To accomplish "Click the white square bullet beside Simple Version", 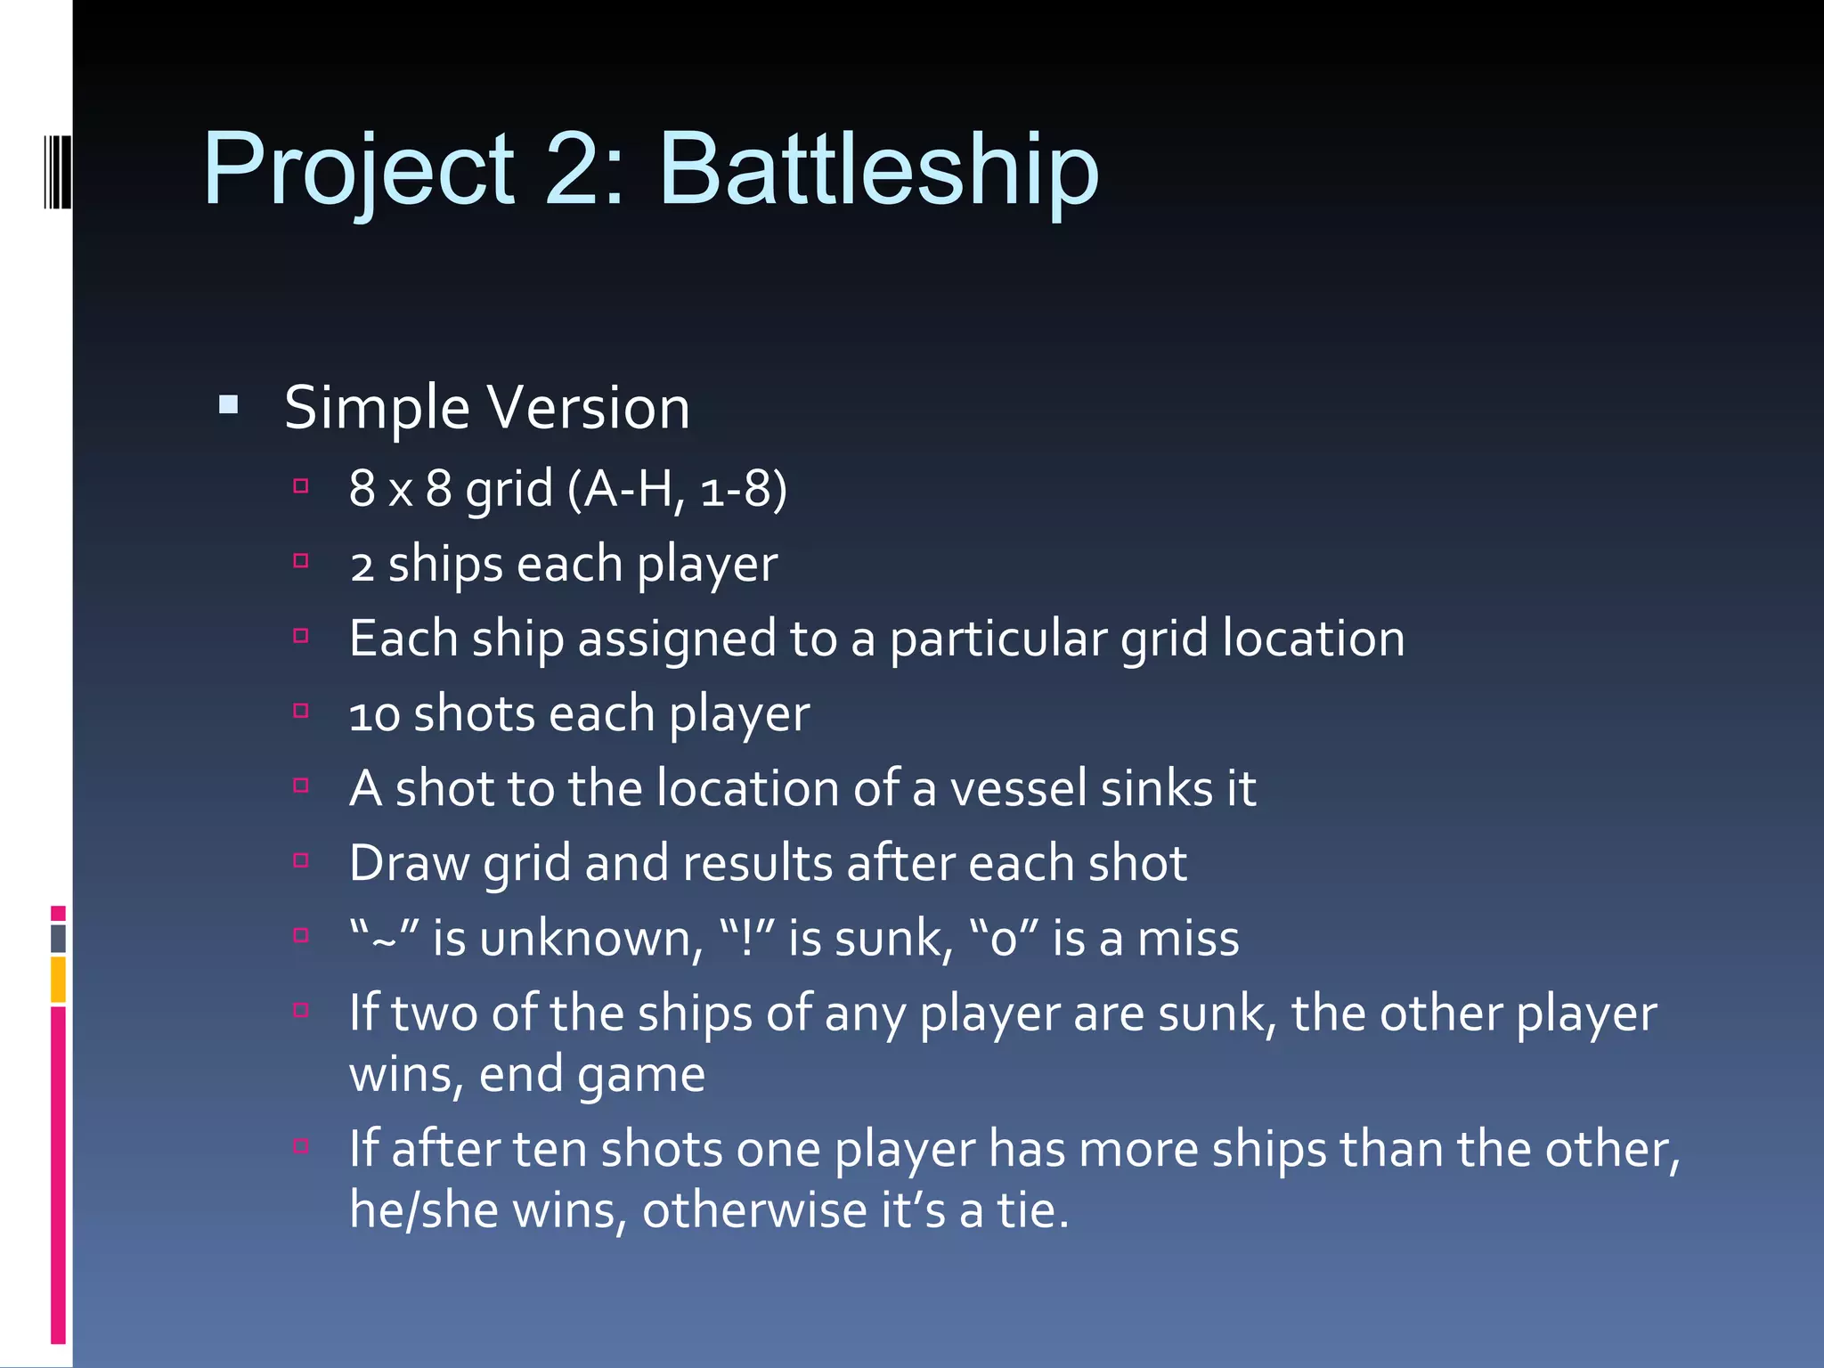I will click(229, 406).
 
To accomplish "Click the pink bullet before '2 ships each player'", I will click(301, 561).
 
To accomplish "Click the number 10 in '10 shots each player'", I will click(374, 715).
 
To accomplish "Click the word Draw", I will click(409, 864).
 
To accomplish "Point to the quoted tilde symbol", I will click(384, 938).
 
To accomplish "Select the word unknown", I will click(585, 939).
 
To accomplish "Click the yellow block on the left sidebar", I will click(58, 980).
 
